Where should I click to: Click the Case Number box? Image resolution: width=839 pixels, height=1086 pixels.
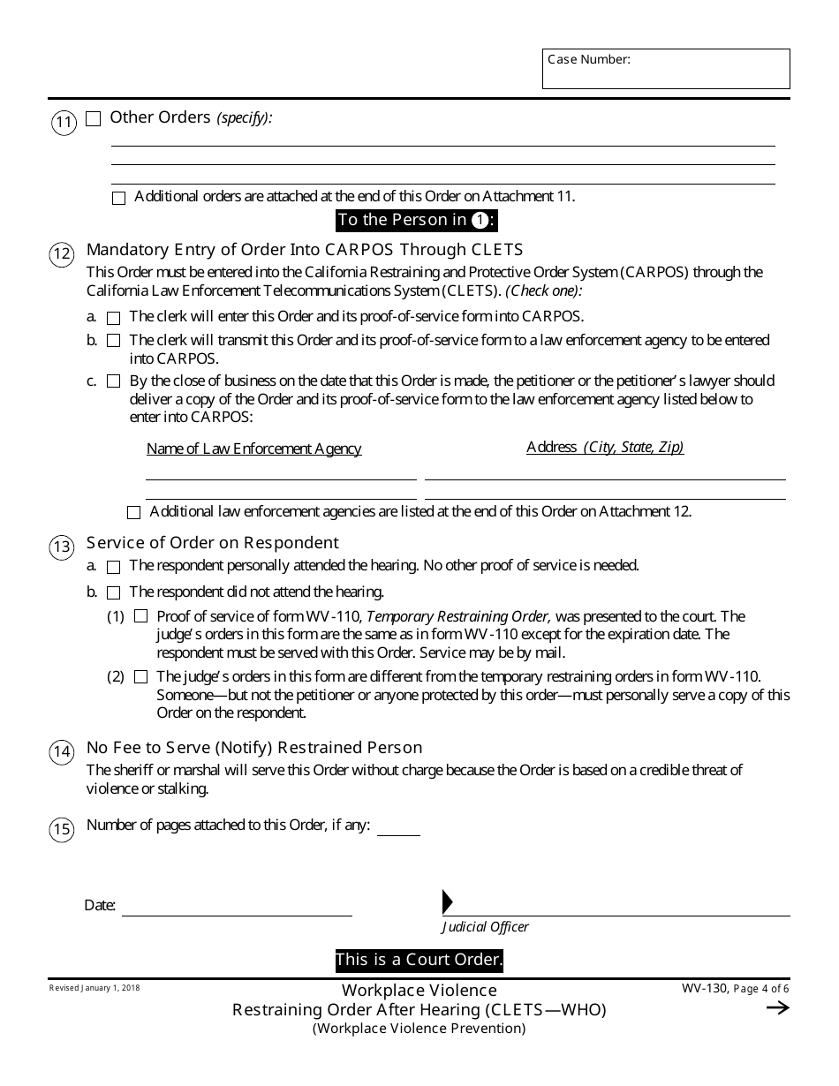[666, 69]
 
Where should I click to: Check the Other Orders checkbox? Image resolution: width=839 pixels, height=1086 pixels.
[94, 119]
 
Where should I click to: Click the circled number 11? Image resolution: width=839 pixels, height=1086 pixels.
[64, 122]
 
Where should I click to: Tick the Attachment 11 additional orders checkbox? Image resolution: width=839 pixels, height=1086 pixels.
[119, 199]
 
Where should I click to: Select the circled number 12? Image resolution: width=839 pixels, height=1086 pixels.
[61, 255]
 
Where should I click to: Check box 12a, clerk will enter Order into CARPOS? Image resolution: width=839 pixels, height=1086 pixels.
[113, 318]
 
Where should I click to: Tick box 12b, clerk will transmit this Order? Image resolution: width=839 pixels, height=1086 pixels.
[113, 341]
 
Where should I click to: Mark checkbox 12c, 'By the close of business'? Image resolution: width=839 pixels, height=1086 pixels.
[113, 382]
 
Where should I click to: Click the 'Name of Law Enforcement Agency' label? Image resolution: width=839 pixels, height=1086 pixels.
[253, 449]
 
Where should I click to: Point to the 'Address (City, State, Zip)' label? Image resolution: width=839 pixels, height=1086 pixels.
[605, 448]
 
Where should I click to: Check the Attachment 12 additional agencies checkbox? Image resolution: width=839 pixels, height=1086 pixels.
[133, 512]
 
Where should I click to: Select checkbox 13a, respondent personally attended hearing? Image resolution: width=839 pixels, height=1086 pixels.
[113, 567]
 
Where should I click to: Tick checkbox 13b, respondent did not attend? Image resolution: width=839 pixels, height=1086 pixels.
[113, 593]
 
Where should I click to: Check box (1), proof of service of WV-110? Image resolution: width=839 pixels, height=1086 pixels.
[140, 617]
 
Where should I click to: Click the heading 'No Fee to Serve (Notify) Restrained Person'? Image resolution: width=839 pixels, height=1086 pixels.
[254, 748]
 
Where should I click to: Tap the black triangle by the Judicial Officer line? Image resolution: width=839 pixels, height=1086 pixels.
[447, 901]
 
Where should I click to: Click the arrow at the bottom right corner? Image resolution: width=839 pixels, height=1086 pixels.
[777, 1008]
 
